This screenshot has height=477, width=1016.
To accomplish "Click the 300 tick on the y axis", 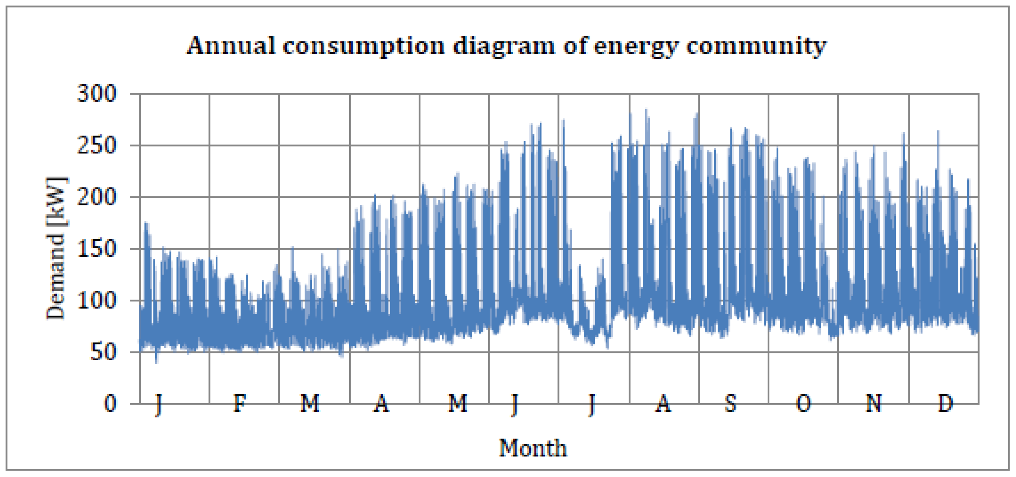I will pos(96,94).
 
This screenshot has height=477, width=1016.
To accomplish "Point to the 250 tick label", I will pos(96,146).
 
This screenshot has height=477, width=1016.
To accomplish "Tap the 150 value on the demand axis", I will pos(96,249).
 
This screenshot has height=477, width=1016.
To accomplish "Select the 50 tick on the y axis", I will pos(103,352).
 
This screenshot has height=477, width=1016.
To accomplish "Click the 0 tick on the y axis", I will pos(110,404).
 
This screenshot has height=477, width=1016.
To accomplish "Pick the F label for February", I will pos(240,404).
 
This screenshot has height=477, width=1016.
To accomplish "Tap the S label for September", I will pos(730,404).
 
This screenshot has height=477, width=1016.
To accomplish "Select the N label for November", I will pos(874,404).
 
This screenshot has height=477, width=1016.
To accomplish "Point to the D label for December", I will pos(945,404).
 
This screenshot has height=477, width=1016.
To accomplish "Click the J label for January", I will pos(158,404).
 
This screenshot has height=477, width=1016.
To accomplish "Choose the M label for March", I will pos(310,404).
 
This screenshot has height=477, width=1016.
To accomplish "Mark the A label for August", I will pos(663,404).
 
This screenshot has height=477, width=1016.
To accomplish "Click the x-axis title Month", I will pos(533,448).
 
